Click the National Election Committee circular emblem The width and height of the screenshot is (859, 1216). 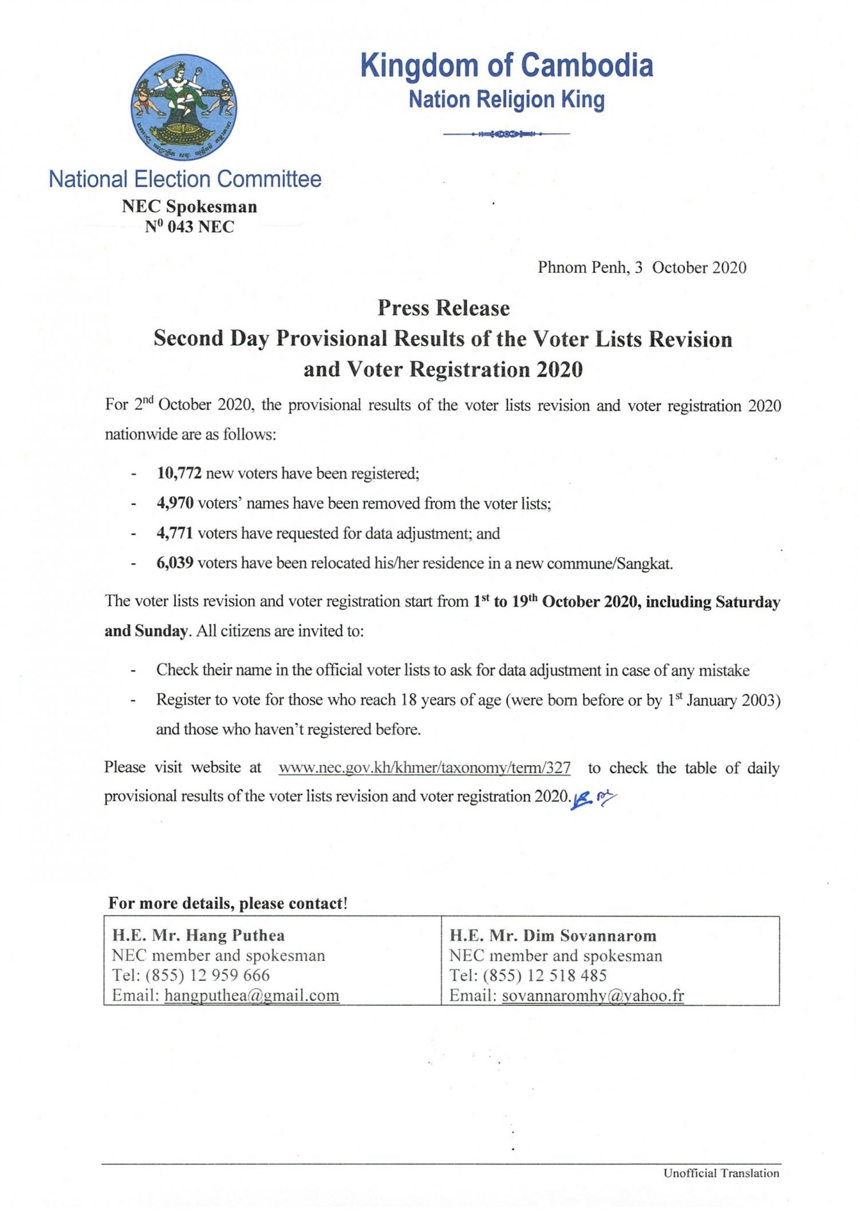click(x=184, y=107)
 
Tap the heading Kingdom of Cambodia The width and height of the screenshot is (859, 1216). click(x=506, y=65)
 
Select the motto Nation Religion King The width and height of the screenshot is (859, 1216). click(x=506, y=100)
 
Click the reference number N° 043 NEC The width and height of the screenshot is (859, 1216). click(x=189, y=227)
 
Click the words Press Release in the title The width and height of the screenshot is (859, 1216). click(x=443, y=308)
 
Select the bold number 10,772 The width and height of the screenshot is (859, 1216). click(x=179, y=473)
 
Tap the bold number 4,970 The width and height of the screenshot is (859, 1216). click(x=175, y=503)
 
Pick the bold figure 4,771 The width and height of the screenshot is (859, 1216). click(x=175, y=533)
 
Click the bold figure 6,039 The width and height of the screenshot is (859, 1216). click(x=175, y=563)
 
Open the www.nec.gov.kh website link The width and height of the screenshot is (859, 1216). click(x=424, y=768)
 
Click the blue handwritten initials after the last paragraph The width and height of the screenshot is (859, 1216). click(x=593, y=799)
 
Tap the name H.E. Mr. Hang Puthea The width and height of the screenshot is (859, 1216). click(x=198, y=936)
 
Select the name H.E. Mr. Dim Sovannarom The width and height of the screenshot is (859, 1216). click(x=553, y=936)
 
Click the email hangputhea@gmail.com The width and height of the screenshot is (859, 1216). click(x=251, y=995)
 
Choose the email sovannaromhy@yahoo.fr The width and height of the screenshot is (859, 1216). click(x=593, y=995)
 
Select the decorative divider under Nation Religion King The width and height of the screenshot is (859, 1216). click(x=506, y=134)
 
